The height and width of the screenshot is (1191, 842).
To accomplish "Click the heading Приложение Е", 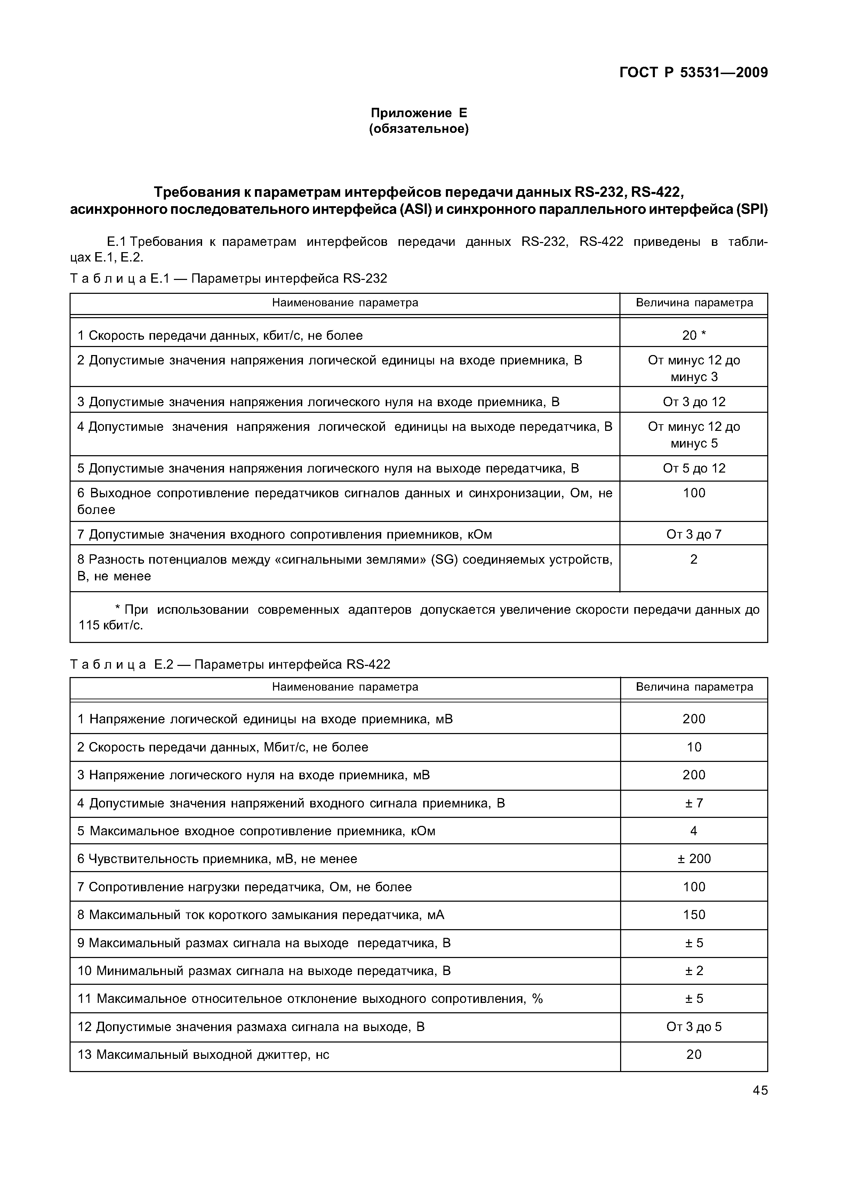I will pyautogui.click(x=419, y=113).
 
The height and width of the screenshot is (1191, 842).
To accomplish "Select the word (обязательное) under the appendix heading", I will pyautogui.click(x=419, y=129).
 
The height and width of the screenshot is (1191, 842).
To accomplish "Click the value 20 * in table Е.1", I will pyautogui.click(x=693, y=336).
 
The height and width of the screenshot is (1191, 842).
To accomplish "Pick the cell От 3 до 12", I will pyautogui.click(x=693, y=402).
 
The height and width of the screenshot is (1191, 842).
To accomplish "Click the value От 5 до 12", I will pyautogui.click(x=693, y=468).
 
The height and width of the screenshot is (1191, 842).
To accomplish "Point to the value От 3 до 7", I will pyautogui.click(x=693, y=534).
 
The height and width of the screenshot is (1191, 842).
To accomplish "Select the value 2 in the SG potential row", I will pyautogui.click(x=693, y=559).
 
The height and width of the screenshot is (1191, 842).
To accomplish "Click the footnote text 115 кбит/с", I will pyautogui.click(x=111, y=626).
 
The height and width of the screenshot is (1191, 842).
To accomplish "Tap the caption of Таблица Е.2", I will pyautogui.click(x=230, y=665).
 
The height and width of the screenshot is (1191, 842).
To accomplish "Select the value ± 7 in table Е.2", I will pyautogui.click(x=693, y=803).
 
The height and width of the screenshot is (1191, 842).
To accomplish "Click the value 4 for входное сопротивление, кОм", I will pyautogui.click(x=693, y=831).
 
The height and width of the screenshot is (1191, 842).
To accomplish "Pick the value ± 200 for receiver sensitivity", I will pyautogui.click(x=693, y=859).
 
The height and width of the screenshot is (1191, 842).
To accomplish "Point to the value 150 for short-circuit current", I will pyautogui.click(x=693, y=915).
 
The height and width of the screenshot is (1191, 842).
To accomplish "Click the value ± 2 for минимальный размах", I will pyautogui.click(x=693, y=971).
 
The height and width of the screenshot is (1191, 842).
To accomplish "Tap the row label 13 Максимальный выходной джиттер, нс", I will pyautogui.click(x=203, y=1055).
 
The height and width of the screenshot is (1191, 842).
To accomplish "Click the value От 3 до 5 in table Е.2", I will pyautogui.click(x=693, y=1027).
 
